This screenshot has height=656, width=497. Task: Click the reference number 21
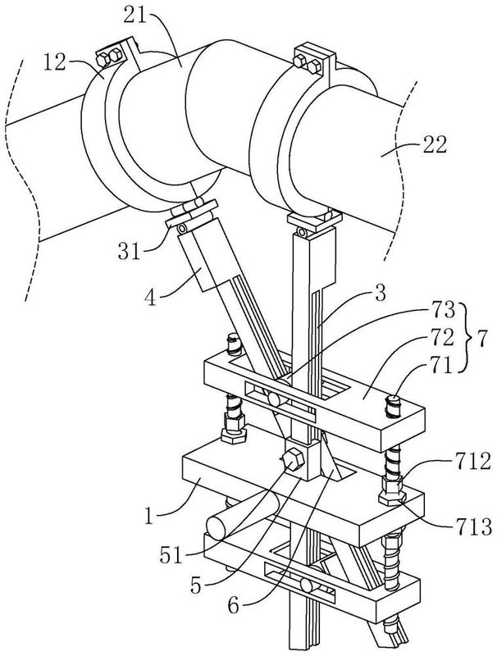click(x=135, y=16)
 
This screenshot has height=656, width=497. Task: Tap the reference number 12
click(x=55, y=62)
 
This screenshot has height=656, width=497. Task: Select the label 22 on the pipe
click(x=435, y=144)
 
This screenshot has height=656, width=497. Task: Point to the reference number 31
click(x=130, y=252)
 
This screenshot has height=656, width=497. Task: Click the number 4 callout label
click(x=151, y=298)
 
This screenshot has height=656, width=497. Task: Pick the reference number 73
click(x=443, y=311)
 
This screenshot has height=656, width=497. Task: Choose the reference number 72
click(x=443, y=338)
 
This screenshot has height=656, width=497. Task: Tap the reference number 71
click(x=442, y=365)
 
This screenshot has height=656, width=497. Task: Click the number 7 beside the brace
click(x=481, y=339)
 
